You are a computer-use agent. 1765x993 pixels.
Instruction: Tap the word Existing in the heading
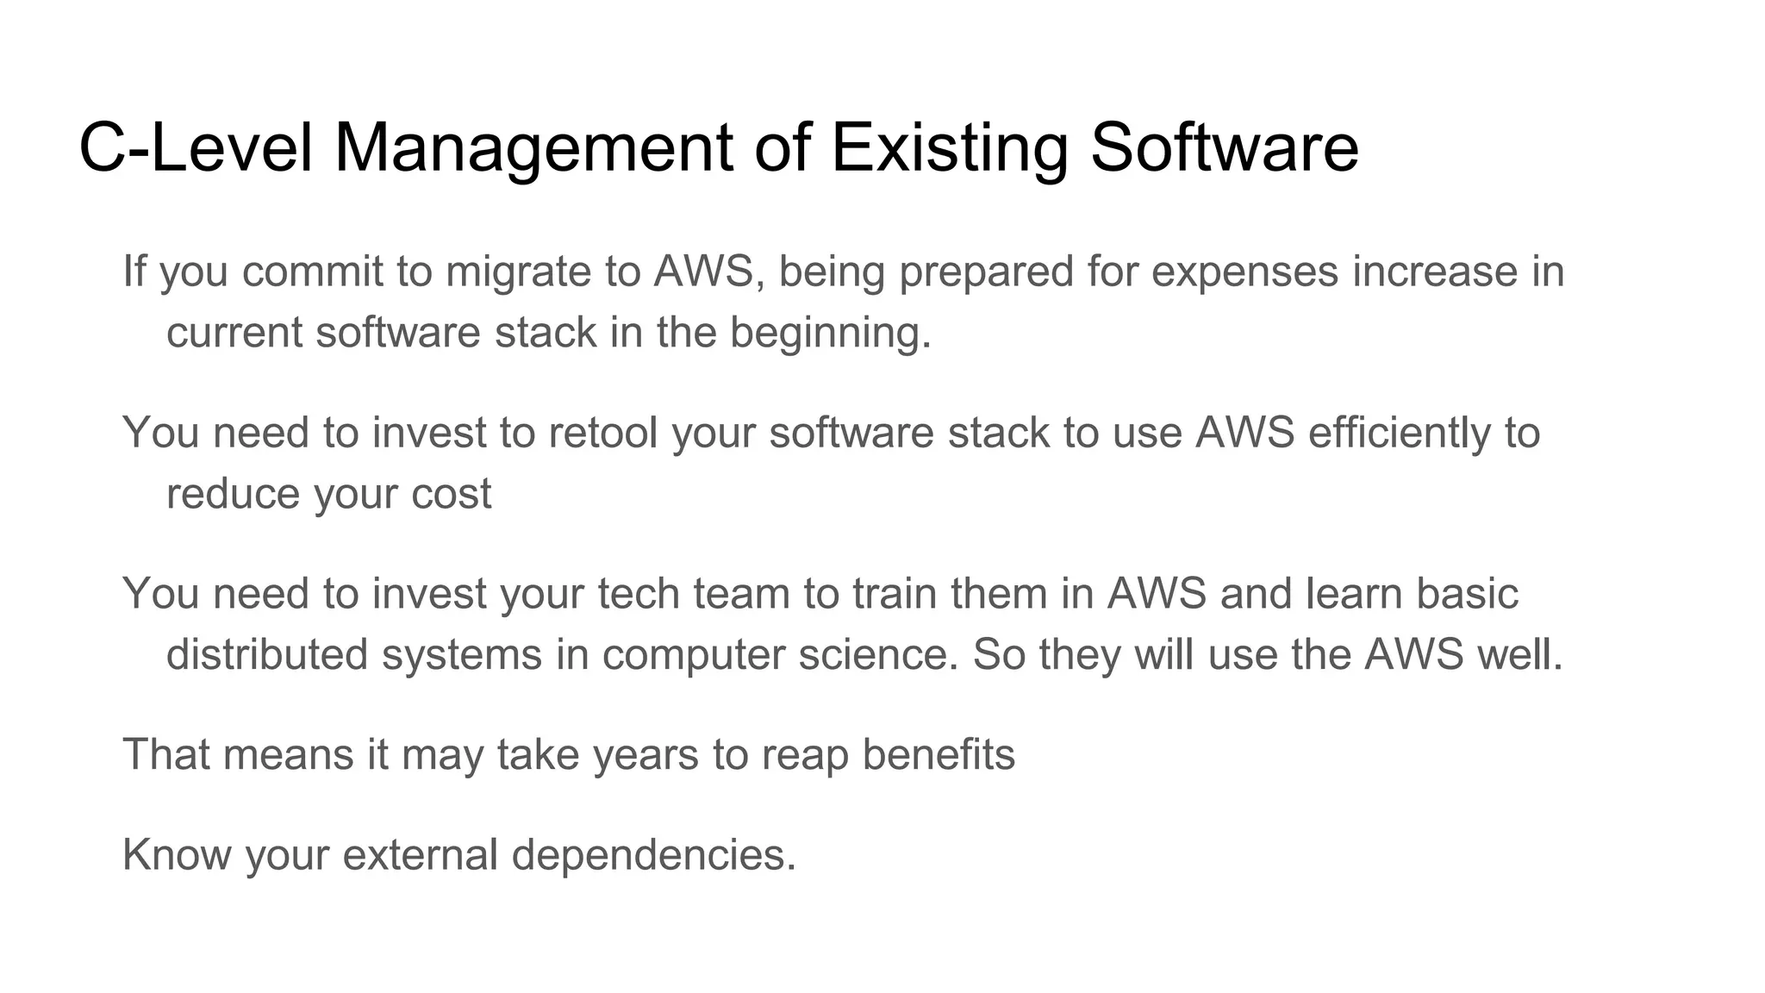[949, 148]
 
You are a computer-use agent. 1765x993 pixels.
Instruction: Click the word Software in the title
[1224, 148]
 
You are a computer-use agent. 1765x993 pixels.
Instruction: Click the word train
[895, 594]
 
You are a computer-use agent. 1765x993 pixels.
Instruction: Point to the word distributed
[267, 655]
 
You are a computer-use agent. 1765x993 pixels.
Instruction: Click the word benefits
[939, 755]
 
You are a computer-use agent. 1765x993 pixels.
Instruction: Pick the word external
[420, 855]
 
